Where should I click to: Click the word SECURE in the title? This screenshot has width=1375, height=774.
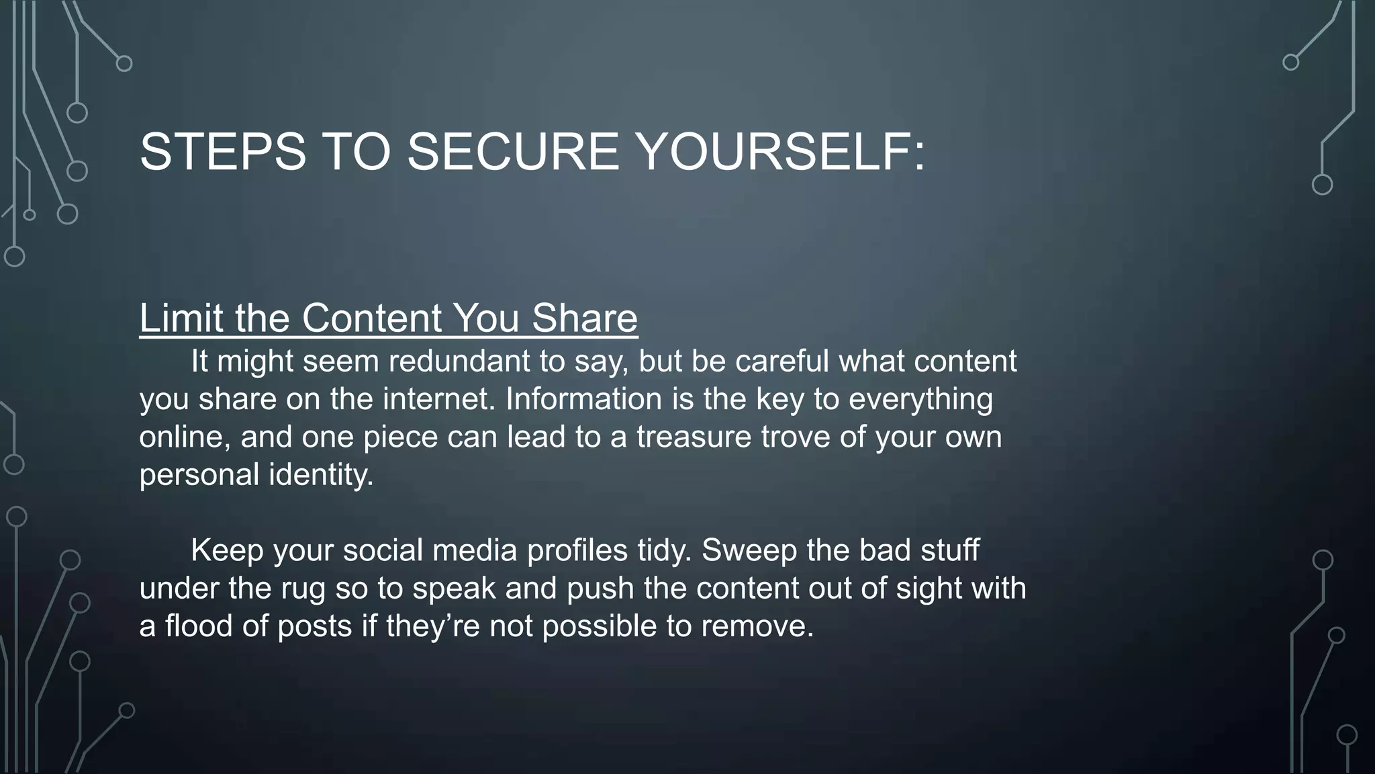[x=513, y=152]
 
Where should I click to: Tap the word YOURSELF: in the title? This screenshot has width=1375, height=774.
[x=779, y=152]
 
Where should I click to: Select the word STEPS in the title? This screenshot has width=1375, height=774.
[x=222, y=152]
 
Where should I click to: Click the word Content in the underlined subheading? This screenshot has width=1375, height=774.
[x=372, y=318]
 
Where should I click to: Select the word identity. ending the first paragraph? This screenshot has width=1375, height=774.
[x=321, y=474]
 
